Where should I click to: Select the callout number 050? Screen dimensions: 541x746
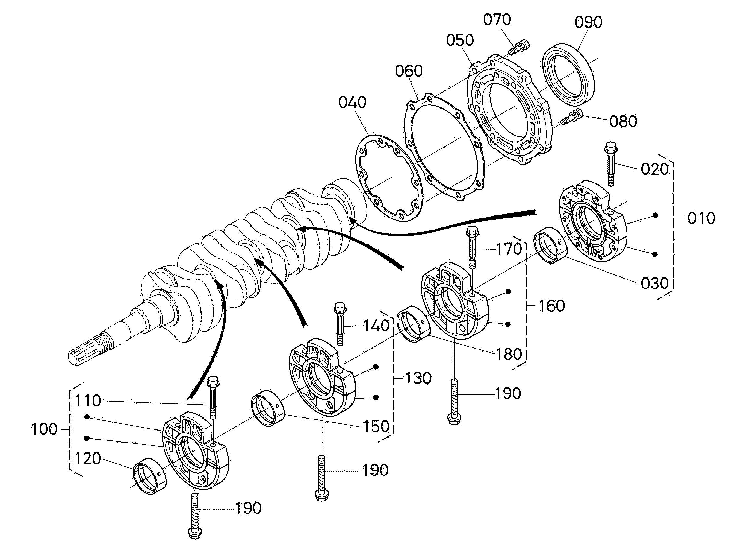pyautogui.click(x=460, y=40)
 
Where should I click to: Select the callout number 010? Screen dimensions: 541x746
pyautogui.click(x=701, y=218)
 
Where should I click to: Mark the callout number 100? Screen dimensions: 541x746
pyautogui.click(x=44, y=429)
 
